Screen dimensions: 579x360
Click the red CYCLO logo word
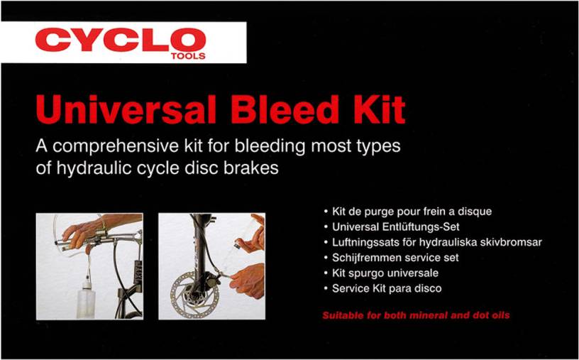click(121, 40)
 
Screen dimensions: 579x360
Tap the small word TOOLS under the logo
click(188, 56)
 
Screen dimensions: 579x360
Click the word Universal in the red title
click(126, 110)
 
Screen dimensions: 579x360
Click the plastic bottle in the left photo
click(86, 299)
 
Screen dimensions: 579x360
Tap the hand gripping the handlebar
click(83, 233)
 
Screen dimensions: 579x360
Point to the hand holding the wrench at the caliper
click(248, 280)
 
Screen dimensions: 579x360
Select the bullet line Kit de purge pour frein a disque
click(408, 212)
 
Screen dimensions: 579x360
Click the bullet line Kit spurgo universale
click(381, 273)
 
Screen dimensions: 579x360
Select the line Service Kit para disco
click(382, 288)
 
